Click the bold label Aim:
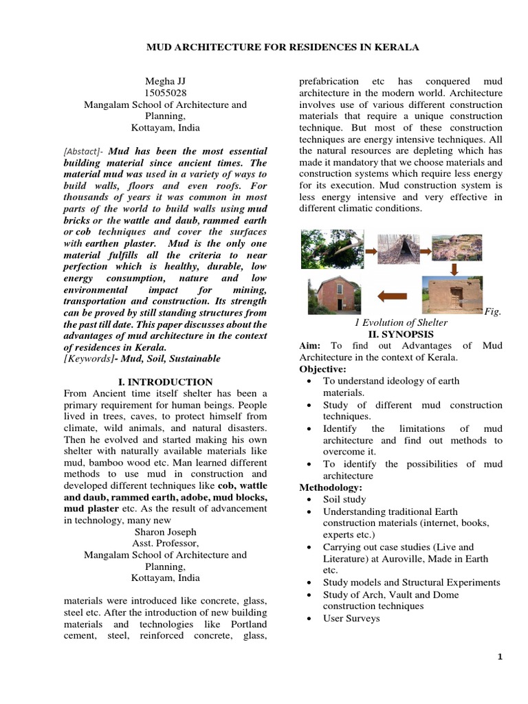[x=311, y=345]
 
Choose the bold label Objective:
[x=321, y=369]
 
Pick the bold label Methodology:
[x=328, y=487]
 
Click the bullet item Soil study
[x=344, y=500]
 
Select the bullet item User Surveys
[x=351, y=618]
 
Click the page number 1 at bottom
[x=500, y=657]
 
